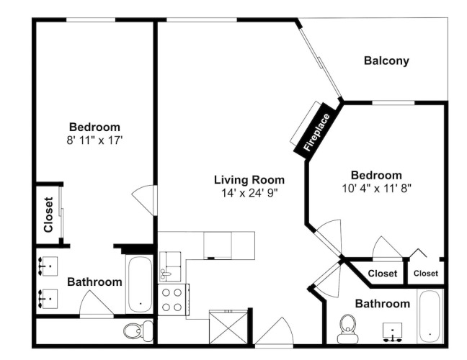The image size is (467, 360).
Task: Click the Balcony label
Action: click(x=386, y=61)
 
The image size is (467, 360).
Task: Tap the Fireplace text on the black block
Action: click(x=316, y=132)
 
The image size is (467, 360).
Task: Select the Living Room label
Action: click(x=249, y=180)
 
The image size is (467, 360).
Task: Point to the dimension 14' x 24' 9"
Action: click(x=249, y=193)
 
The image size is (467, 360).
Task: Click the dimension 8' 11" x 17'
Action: click(x=94, y=140)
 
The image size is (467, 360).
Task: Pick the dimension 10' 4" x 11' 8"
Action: click(x=376, y=189)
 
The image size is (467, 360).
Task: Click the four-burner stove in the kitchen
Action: click(x=172, y=300)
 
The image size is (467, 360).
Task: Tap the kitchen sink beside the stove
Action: click(x=170, y=266)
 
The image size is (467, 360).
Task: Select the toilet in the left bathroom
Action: click(x=138, y=331)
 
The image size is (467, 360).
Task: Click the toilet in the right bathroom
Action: click(x=347, y=329)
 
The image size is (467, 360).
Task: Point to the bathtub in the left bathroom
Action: click(x=140, y=284)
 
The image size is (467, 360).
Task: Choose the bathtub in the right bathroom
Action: click(x=430, y=316)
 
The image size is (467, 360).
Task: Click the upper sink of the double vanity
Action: click(x=48, y=266)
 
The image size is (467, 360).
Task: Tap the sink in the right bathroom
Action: click(x=392, y=332)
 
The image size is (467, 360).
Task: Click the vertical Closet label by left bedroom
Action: click(x=48, y=215)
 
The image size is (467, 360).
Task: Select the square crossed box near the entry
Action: click(x=228, y=328)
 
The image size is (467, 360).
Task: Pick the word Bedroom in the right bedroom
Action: click(x=376, y=175)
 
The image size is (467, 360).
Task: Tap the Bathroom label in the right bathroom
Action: click(x=383, y=304)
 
